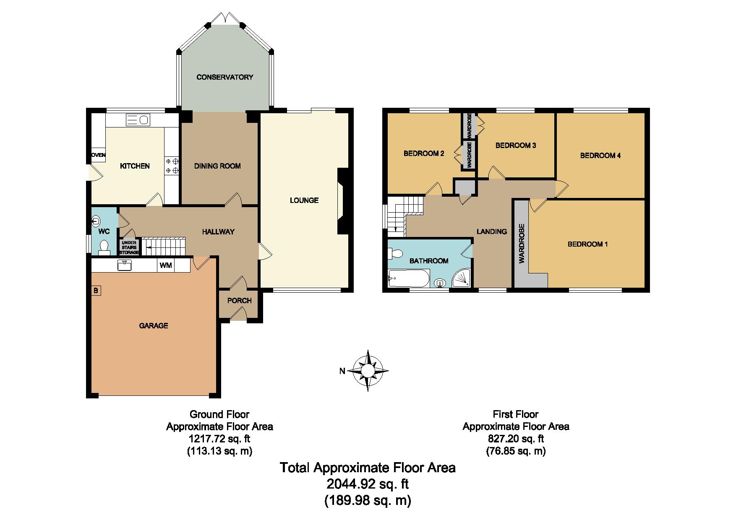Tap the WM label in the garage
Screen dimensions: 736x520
pos(165,265)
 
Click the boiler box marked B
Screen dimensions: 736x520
pos(96,290)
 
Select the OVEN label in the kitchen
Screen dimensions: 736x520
pos(99,155)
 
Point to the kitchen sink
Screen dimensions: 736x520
pos(137,120)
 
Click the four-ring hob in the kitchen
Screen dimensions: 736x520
pos(172,166)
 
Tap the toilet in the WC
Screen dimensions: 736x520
pos(104,248)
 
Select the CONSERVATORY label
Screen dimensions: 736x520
pos(225,77)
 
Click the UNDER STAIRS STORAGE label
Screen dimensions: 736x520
pos(129,247)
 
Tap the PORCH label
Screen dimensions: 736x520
pos(240,301)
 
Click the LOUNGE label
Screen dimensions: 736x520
pos(304,200)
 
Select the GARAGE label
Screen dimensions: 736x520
pos(154,325)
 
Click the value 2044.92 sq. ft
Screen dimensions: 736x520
pos(368,484)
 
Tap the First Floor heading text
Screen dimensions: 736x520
pos(516,414)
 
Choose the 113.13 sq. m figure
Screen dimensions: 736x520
pos(219,451)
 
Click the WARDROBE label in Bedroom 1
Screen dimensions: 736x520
pos(522,244)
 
